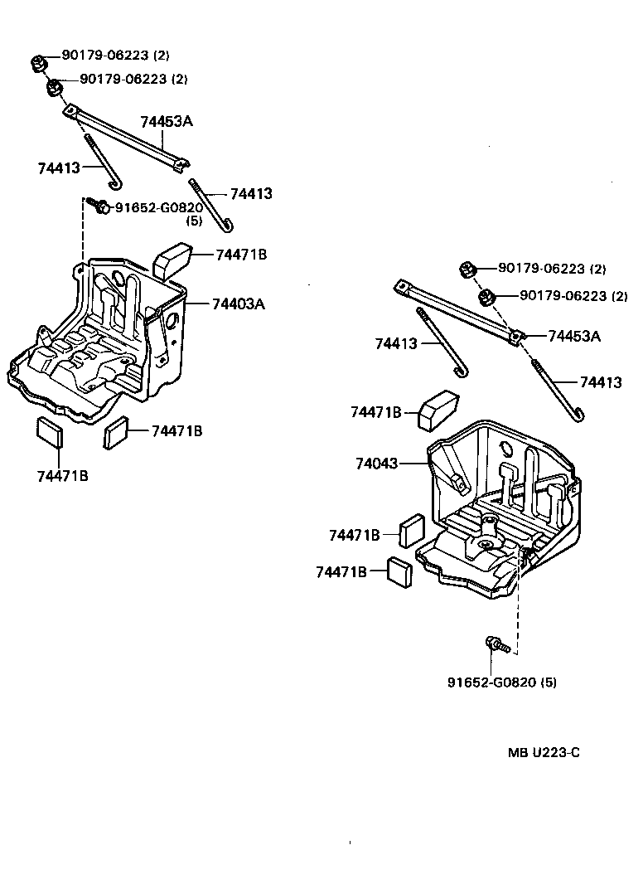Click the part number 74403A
tap(237, 304)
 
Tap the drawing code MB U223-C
tap(544, 753)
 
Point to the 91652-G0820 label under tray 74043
tap(492, 682)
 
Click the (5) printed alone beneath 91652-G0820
tap(194, 221)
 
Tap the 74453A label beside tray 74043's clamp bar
tap(573, 336)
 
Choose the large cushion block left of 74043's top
tap(438, 409)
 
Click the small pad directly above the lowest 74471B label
tap(48, 433)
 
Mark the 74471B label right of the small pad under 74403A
tap(176, 430)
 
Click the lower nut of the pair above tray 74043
tap(488, 297)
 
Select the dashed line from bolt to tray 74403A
tap(84, 232)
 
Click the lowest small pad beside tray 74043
tap(399, 572)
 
